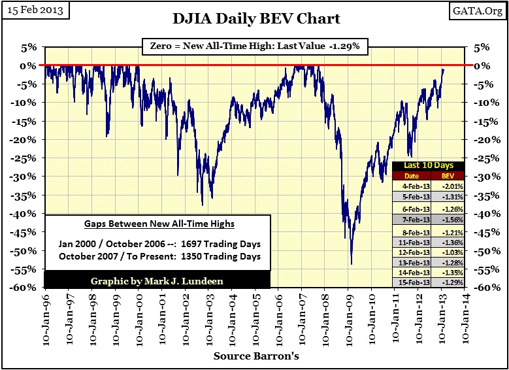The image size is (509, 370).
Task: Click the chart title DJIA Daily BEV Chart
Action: point(265,18)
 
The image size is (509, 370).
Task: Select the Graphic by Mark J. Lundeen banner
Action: point(156,282)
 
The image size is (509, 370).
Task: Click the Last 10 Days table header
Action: point(429,165)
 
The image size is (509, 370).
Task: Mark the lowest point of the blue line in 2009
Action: point(352,263)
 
